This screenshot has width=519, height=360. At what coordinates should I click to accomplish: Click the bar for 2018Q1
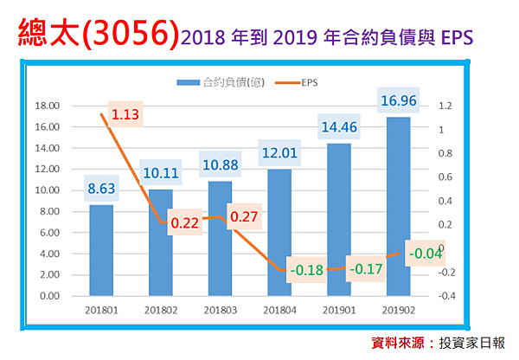(x=101, y=251)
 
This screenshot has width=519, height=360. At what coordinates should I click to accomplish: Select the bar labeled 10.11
(x=161, y=243)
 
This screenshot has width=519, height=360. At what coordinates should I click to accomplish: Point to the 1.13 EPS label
(x=125, y=114)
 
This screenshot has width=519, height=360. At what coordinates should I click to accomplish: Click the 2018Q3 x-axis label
(x=220, y=309)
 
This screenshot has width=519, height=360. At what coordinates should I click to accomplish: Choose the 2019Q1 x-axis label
(x=338, y=309)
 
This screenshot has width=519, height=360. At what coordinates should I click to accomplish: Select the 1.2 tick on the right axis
(x=445, y=106)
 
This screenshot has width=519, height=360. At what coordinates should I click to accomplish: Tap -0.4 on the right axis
(x=445, y=296)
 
